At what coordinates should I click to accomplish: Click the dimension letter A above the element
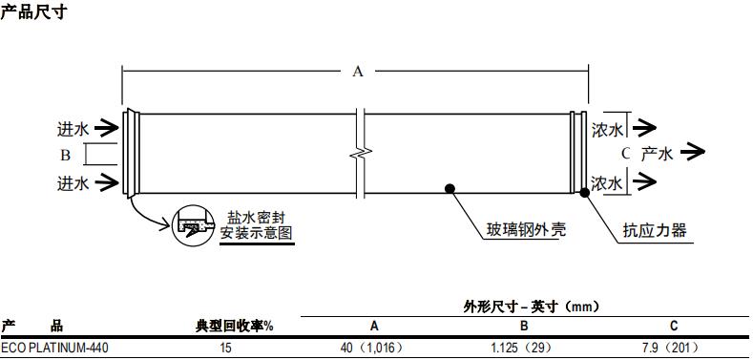click(358, 71)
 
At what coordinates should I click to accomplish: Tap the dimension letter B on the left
click(66, 155)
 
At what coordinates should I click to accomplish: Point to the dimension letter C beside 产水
click(625, 153)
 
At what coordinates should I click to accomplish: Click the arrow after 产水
click(694, 153)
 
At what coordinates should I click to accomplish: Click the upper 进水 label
click(73, 128)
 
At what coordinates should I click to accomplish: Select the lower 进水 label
click(73, 182)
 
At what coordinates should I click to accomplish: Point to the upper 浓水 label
click(607, 128)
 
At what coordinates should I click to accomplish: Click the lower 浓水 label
click(607, 182)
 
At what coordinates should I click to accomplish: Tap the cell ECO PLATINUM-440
click(54, 348)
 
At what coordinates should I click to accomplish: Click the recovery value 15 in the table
click(225, 348)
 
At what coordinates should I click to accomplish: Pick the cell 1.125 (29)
click(523, 348)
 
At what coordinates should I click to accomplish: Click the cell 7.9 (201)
click(672, 348)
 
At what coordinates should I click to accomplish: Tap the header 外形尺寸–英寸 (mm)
click(532, 306)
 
